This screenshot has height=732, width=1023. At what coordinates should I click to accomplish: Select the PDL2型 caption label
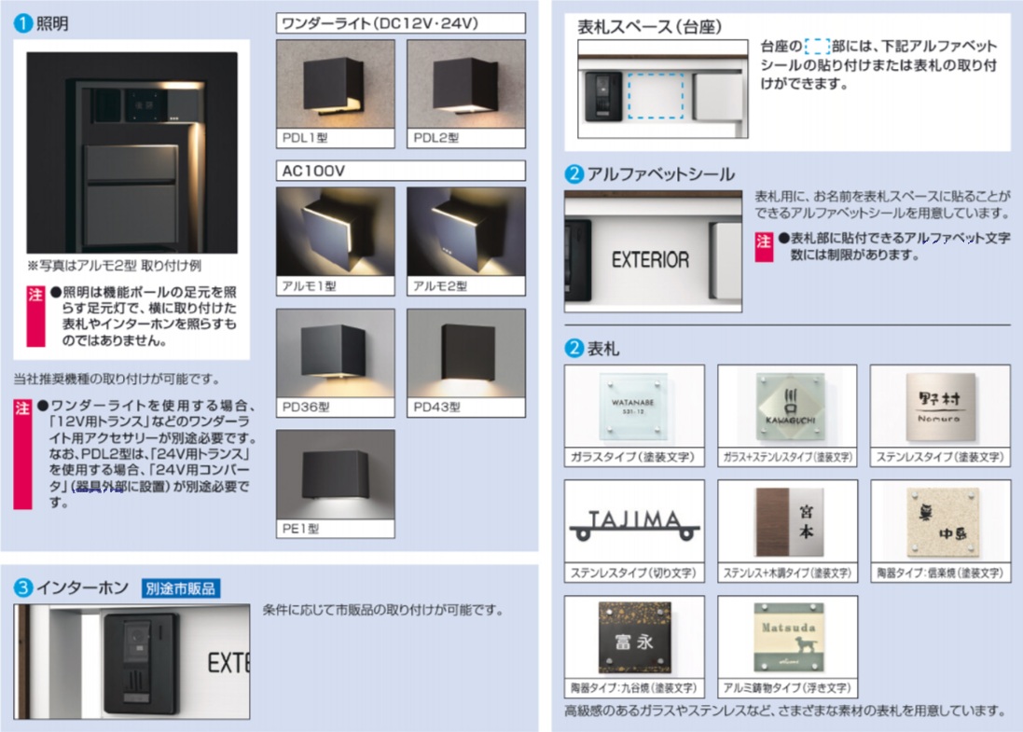[436, 138]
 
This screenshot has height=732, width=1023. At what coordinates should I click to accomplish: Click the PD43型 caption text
[436, 407]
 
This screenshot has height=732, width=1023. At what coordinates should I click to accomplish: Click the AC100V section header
[311, 171]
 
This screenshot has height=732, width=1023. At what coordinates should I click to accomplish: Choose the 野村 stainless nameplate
[938, 406]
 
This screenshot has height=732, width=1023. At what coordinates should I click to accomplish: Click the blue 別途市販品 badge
[181, 588]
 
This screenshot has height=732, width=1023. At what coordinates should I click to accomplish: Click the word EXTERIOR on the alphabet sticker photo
[650, 260]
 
